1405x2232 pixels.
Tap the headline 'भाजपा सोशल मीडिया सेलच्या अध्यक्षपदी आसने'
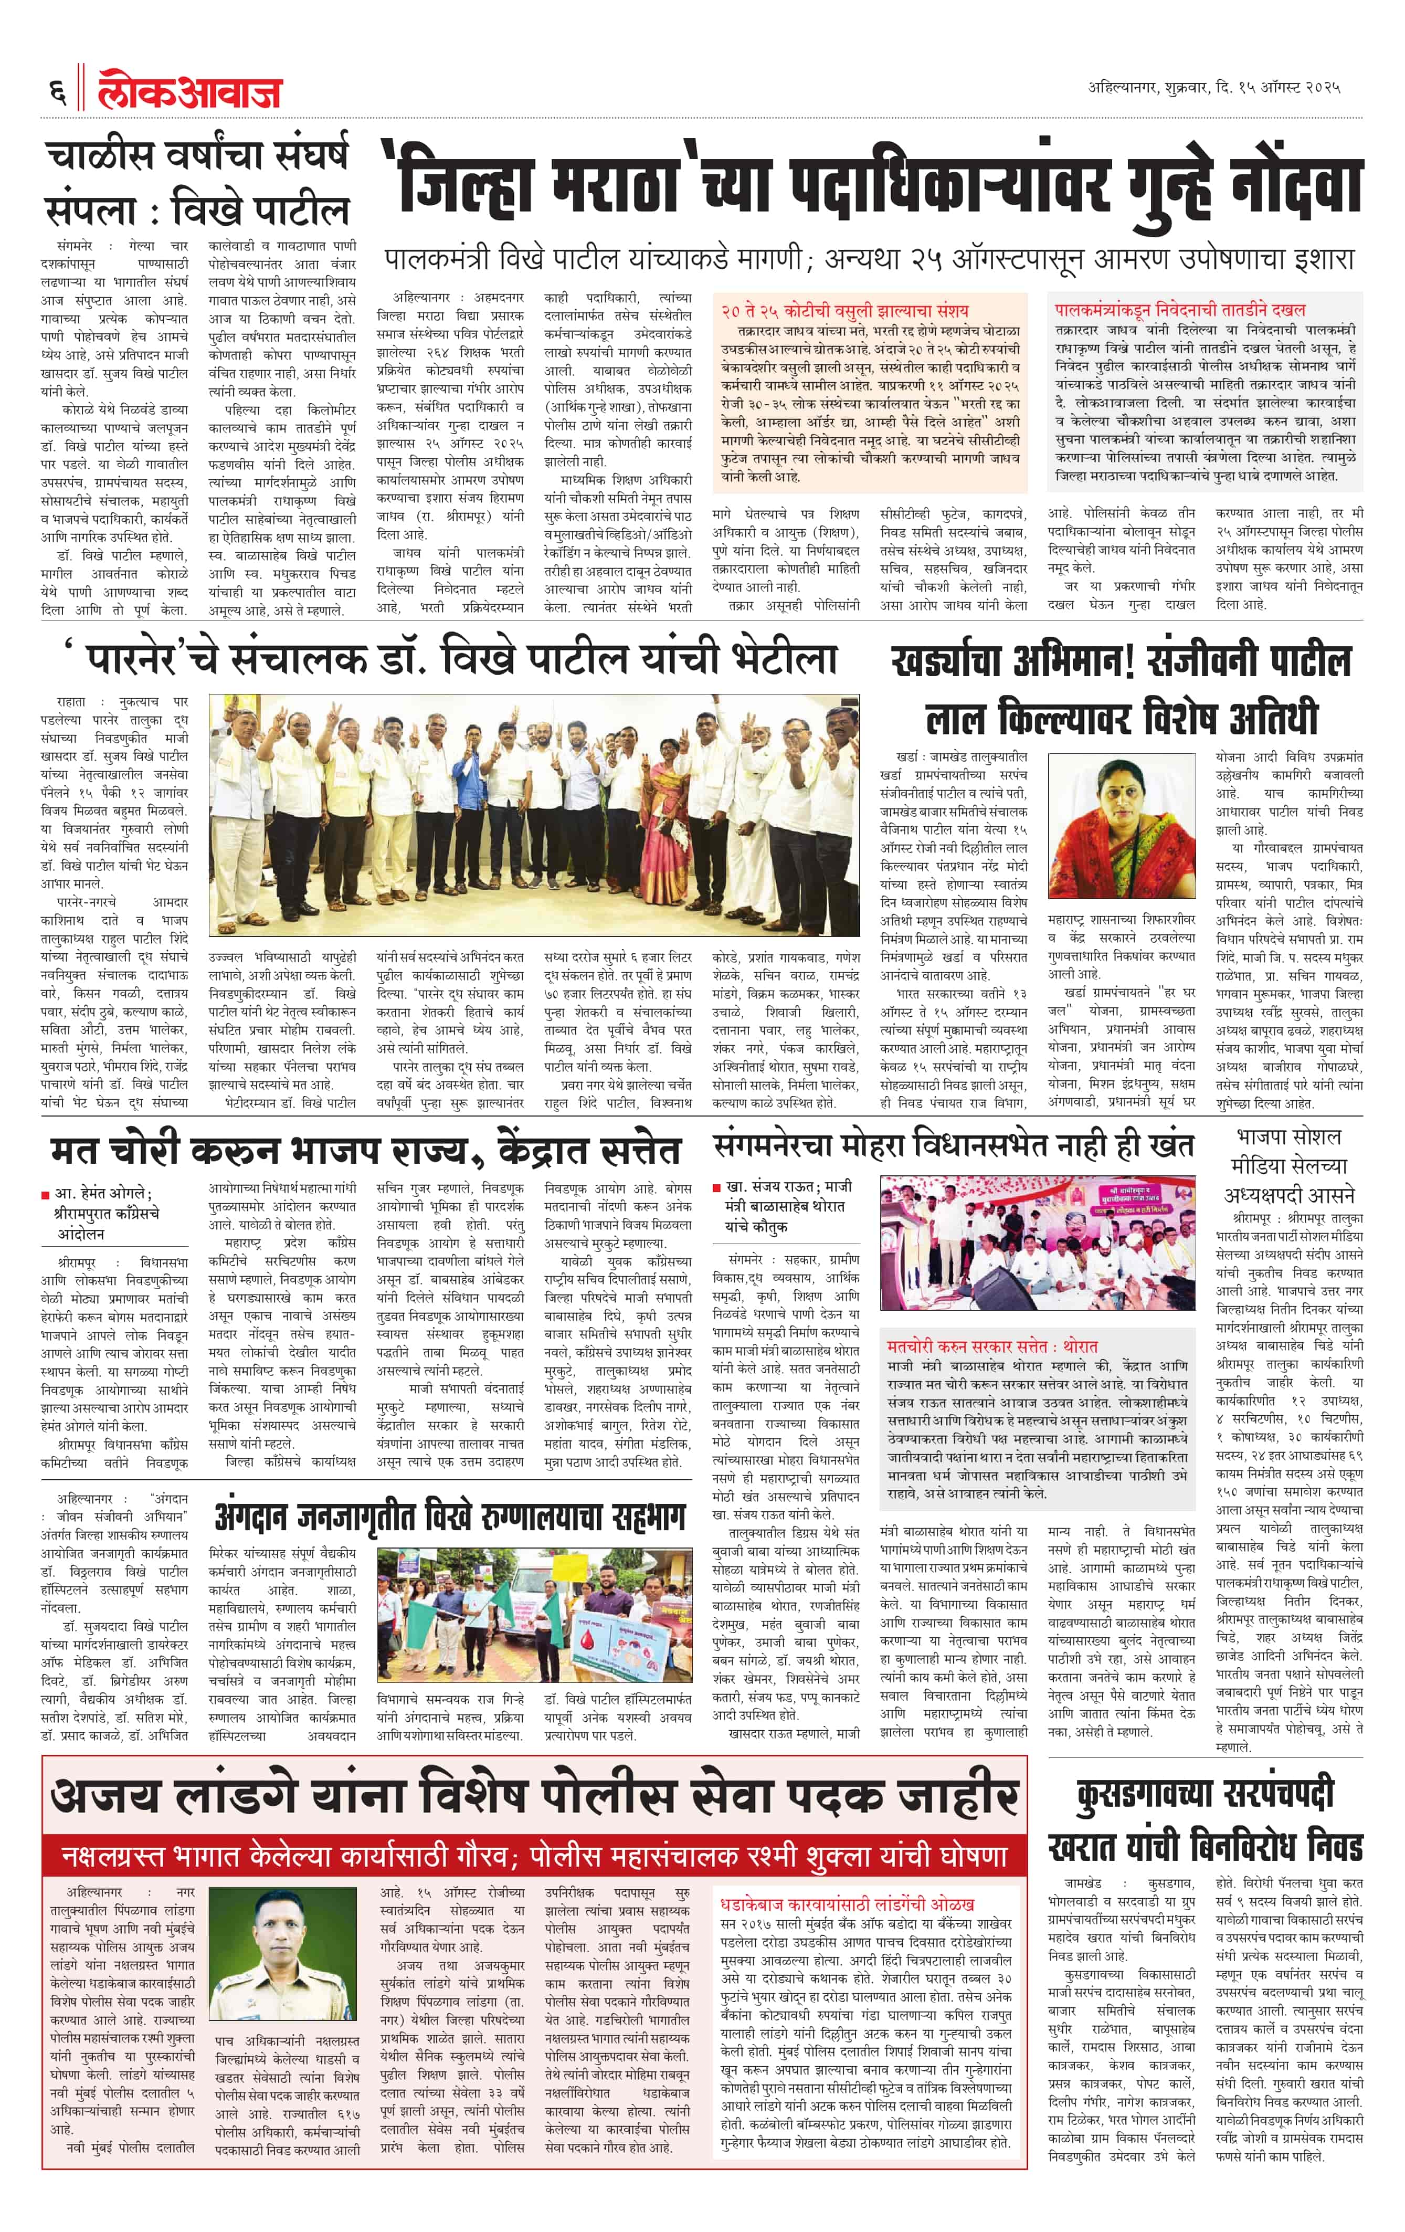pos(1288,1166)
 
